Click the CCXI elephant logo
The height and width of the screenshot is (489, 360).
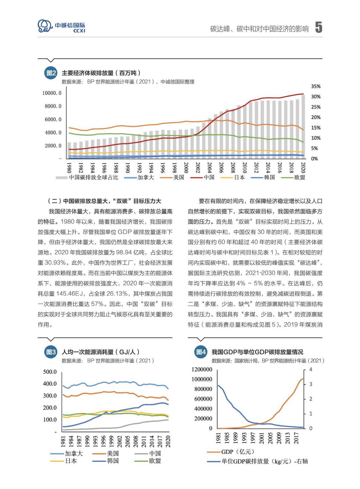(x=45, y=26)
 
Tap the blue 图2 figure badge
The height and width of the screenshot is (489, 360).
(x=51, y=73)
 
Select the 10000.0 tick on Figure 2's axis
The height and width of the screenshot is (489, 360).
(x=52, y=93)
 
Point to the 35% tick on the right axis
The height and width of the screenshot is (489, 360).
(x=316, y=86)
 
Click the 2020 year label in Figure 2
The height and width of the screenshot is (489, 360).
(x=303, y=167)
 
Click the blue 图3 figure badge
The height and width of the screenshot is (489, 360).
(x=51, y=352)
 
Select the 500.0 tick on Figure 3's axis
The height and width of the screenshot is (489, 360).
(x=50, y=372)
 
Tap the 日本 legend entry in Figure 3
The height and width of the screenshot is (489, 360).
(x=71, y=461)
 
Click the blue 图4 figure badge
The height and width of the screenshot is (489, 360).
(x=201, y=352)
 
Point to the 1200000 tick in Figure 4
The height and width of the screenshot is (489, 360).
(x=202, y=369)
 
